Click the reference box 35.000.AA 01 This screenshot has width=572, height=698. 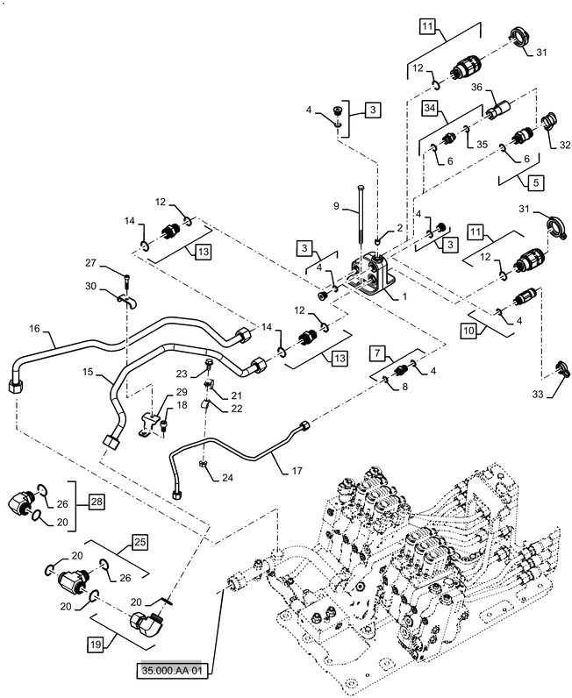(173, 673)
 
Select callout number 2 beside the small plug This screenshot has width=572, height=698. (401, 228)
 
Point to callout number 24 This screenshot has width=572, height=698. (228, 478)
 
